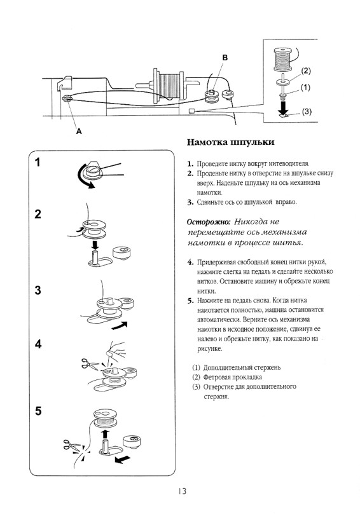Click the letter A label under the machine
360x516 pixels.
pyautogui.click(x=79, y=132)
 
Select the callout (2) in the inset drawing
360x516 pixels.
pyautogui.click(x=305, y=71)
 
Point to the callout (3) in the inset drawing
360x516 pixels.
pyautogui.click(x=307, y=112)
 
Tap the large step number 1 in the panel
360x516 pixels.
pyautogui.click(x=39, y=163)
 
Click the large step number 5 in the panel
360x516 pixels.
pyautogui.click(x=39, y=411)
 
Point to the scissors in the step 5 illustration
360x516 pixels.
pyautogui.click(x=71, y=445)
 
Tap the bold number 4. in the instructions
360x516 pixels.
pyautogui.click(x=191, y=262)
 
